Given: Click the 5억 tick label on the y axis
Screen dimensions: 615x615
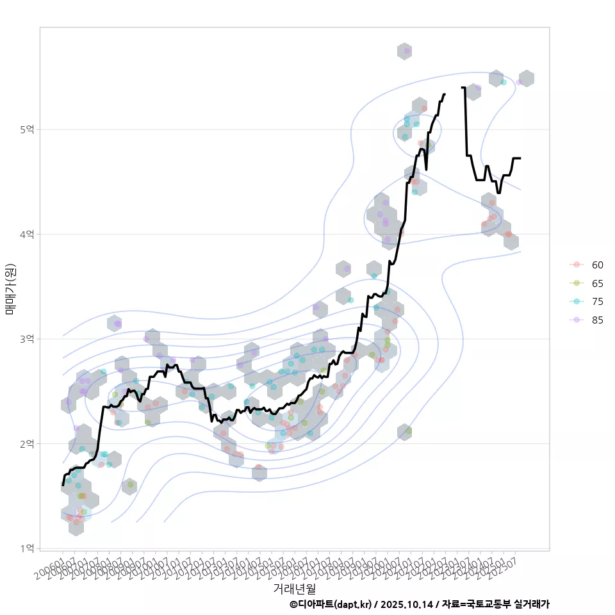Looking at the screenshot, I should [28, 129].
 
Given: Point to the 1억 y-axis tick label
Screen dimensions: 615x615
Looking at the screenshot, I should [28, 548].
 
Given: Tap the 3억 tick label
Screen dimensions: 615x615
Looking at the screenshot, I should [28, 339].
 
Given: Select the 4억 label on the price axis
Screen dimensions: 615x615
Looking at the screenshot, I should [28, 234].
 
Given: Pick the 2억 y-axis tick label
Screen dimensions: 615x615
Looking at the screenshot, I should [28, 444].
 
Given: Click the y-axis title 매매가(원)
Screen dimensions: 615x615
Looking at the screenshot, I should [10, 288].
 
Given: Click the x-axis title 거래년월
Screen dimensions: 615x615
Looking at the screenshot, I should [294, 588].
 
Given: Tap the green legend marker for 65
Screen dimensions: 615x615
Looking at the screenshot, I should [577, 283].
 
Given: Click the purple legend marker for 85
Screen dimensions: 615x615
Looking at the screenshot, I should [577, 320].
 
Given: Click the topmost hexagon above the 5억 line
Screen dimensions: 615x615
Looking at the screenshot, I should [404, 51].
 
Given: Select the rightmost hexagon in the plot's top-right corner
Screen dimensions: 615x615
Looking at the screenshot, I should [527, 78].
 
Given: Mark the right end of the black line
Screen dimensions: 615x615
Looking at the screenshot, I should [520, 158].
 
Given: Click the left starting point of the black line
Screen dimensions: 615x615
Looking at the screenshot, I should [63, 485].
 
